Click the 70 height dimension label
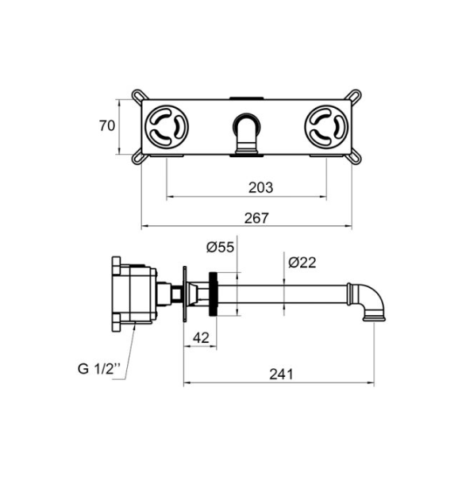pyautogui.click(x=107, y=125)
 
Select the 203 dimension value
pyautogui.click(x=260, y=187)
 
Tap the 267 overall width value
pyautogui.click(x=256, y=218)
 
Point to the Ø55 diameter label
pyautogui.click(x=220, y=247)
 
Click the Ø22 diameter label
pyautogui.click(x=302, y=263)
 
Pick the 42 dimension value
pyautogui.click(x=201, y=338)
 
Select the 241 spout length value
pyautogui.click(x=281, y=374)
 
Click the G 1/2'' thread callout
pyautogui.click(x=99, y=369)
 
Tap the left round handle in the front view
pyautogui.click(x=167, y=127)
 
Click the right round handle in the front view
pyautogui.click(x=326, y=127)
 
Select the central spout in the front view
pyautogui.click(x=247, y=134)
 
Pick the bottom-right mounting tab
pyautogui.click(x=355, y=157)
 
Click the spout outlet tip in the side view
pyautogui.click(x=374, y=318)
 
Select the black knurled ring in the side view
pyautogui.click(x=214, y=294)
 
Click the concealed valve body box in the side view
pyautogui.click(x=134, y=294)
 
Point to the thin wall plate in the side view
pyautogui.click(x=185, y=294)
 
